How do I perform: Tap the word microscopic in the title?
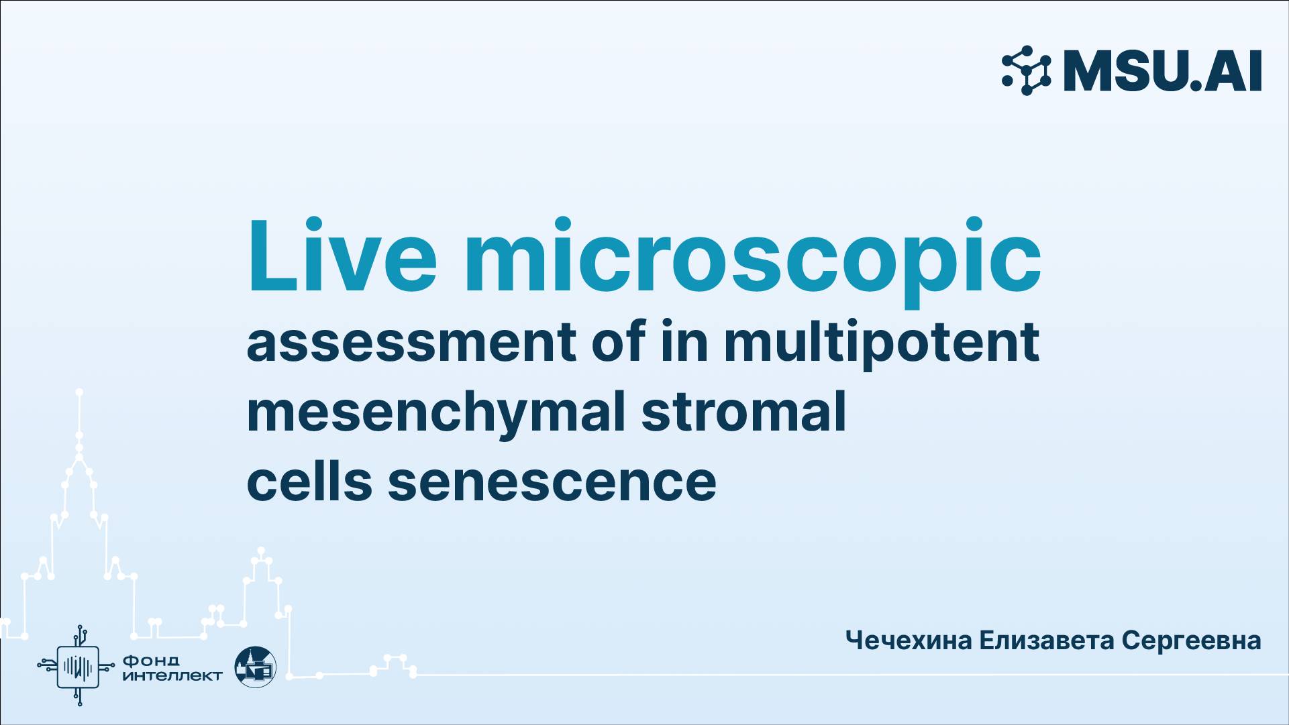click(752, 258)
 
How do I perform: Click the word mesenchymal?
click(435, 413)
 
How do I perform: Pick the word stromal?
click(743, 412)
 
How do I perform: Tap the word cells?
click(309, 482)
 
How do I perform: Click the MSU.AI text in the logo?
click(1162, 71)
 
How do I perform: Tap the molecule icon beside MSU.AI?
click(1026, 70)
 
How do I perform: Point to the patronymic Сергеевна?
click(1191, 640)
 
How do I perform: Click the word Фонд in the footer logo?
click(150, 661)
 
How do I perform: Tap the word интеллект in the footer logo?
click(172, 675)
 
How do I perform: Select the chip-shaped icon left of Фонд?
click(79, 666)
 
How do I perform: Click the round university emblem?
click(255, 667)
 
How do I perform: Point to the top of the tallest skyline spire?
click(79, 392)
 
